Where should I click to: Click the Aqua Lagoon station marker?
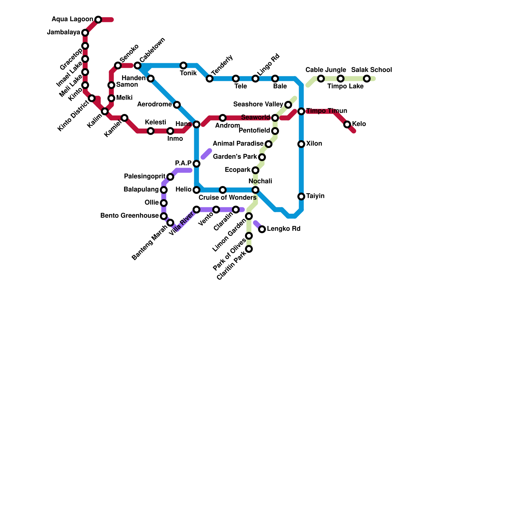[98, 20]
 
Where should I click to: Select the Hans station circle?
[196, 124]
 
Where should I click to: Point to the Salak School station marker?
[367, 79]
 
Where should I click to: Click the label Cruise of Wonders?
[227, 198]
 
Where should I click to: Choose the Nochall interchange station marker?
[255, 190]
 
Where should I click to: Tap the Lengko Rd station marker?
[262, 229]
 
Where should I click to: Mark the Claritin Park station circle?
[249, 249]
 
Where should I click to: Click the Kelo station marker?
[347, 124]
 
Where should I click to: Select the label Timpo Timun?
[327, 111]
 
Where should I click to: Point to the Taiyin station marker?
[301, 196]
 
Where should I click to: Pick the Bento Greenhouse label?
[129, 216]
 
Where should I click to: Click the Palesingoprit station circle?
[170, 177]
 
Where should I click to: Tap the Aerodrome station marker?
[177, 105]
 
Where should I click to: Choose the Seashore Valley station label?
[258, 104]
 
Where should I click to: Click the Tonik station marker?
[183, 65]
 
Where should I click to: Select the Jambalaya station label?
[64, 32]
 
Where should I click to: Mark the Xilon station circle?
[301, 144]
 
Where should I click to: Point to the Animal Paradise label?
[238, 144]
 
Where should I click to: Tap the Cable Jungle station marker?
[321, 79]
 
